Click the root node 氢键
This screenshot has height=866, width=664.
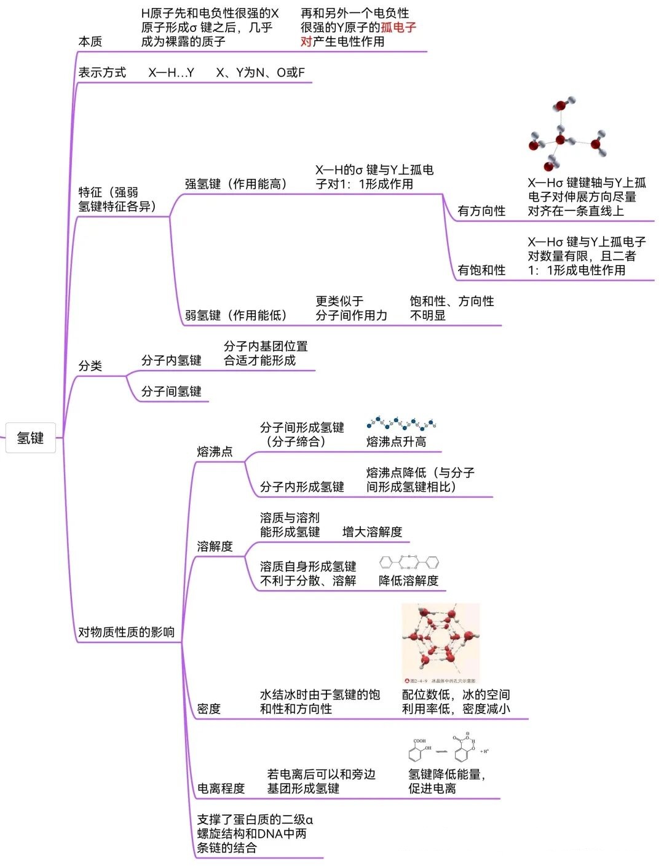point(30,438)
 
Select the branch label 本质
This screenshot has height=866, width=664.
point(90,41)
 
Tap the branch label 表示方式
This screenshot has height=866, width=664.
point(102,73)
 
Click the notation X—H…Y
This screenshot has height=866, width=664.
point(171,73)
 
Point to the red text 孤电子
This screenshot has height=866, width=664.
point(398,27)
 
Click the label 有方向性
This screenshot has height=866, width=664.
point(481,211)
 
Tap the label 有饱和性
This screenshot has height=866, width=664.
point(481,270)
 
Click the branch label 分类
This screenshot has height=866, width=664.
point(90,366)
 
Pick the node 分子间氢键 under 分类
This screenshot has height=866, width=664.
point(171,392)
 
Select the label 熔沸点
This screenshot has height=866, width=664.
point(215,452)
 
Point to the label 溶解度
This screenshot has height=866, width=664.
point(215,546)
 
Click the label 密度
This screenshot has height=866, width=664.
point(208,709)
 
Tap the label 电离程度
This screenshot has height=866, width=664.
point(221,788)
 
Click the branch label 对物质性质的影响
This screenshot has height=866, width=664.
point(126,632)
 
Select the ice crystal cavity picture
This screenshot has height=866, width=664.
point(440,642)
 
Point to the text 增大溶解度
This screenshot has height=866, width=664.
point(372,532)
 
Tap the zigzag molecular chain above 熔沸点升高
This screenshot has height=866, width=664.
point(401,424)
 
